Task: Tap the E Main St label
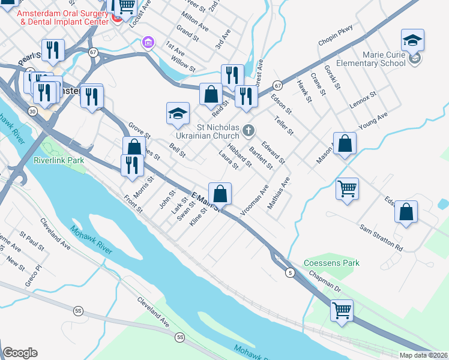tap(206, 202)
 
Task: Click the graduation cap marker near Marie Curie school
tap(412, 41)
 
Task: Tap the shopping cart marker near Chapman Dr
tap(342, 311)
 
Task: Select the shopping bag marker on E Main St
tap(220, 194)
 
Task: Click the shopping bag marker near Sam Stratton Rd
tap(406, 212)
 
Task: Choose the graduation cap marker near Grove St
tap(178, 114)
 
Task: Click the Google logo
tap(20, 353)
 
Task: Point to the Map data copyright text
tap(423, 355)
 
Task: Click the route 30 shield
tap(32, 110)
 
